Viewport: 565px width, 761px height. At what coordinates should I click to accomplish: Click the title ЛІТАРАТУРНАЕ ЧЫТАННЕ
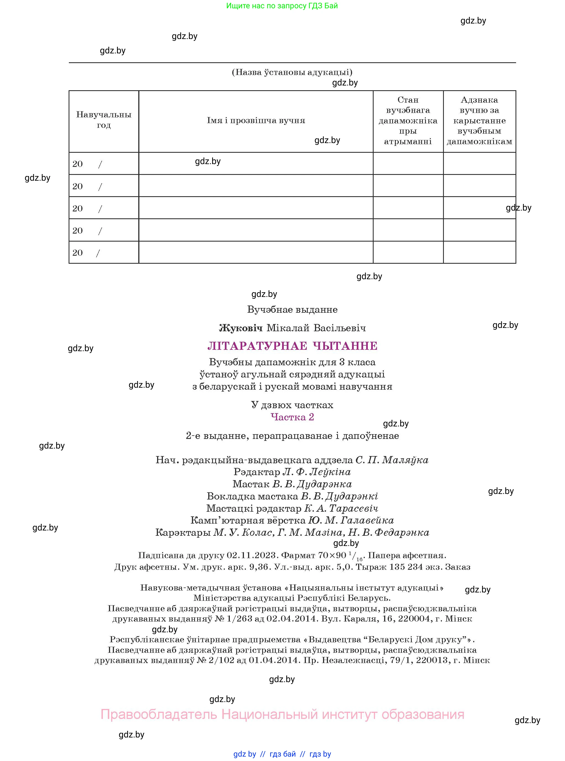pyautogui.click(x=292, y=346)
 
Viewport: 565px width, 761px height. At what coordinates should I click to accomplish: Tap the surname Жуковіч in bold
pyautogui.click(x=240, y=328)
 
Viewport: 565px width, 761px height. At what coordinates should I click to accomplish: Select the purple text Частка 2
pyautogui.click(x=292, y=417)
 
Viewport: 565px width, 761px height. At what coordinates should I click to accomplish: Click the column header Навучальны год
pyautogui.click(x=104, y=120)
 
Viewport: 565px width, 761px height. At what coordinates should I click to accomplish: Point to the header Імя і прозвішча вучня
pyautogui.click(x=256, y=120)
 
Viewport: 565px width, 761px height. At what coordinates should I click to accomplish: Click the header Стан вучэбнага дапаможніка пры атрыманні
pyautogui.click(x=408, y=120)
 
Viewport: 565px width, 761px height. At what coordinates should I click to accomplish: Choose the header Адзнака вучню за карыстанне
pyautogui.click(x=479, y=120)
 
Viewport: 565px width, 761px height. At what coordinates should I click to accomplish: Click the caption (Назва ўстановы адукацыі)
pyautogui.click(x=292, y=72)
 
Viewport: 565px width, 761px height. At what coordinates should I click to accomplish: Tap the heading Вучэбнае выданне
pyautogui.click(x=292, y=310)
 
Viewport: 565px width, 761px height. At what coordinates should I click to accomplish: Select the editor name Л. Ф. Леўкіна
pyautogui.click(x=317, y=472)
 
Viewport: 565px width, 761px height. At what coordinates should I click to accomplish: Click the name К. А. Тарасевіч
pyautogui.click(x=341, y=508)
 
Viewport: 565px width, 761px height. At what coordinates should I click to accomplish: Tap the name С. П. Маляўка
pyautogui.click(x=392, y=460)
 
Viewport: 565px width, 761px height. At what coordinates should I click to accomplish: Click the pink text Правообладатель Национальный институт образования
pyautogui.click(x=282, y=715)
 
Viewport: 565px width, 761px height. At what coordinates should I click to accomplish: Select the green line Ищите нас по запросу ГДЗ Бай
pyautogui.click(x=282, y=6)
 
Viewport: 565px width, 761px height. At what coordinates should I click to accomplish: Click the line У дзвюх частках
pyautogui.click(x=292, y=405)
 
